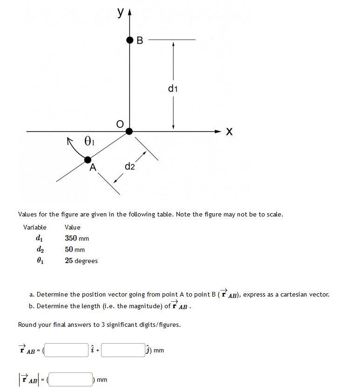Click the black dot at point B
(129, 40)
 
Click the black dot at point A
(88, 160)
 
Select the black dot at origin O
(129, 132)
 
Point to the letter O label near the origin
(120, 123)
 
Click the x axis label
(229, 132)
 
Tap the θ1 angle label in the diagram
(89, 141)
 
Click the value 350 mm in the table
(77, 238)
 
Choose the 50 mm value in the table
(75, 250)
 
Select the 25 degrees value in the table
(81, 261)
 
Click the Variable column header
(35, 227)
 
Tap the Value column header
(73, 227)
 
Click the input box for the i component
(67, 350)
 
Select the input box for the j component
(123, 350)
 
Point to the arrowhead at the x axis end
(219, 132)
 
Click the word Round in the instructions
(27, 324)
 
